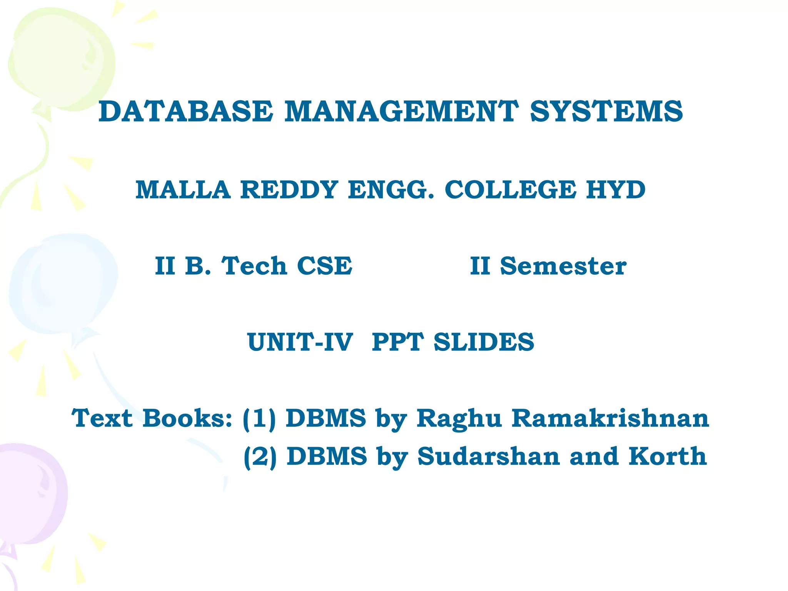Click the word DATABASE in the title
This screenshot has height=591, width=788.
point(186,112)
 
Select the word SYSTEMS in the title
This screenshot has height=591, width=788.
point(606,112)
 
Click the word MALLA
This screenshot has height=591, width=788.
point(183,190)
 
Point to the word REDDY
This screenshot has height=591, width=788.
point(289,190)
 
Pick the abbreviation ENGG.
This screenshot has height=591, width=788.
point(391,190)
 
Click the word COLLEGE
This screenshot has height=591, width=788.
point(510,190)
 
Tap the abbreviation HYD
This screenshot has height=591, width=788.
point(616,190)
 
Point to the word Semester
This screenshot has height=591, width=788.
point(563,266)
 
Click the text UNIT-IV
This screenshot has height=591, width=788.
point(300,342)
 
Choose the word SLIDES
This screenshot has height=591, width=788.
point(484,342)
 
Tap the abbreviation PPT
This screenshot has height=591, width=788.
point(397,342)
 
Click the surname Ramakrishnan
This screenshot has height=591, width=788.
point(610,418)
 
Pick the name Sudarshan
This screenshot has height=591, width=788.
point(489,456)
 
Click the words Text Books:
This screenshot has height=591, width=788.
point(152,418)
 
